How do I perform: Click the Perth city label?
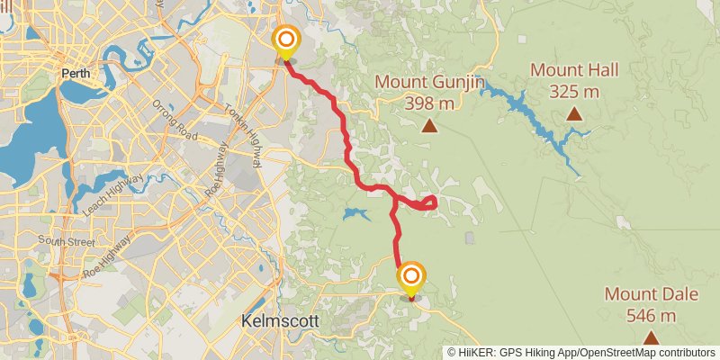[74, 74]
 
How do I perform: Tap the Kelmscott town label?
[274, 320]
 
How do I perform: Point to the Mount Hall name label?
[573, 69]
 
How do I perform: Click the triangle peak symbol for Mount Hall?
[573, 113]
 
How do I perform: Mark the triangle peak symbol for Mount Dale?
[650, 337]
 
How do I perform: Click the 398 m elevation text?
[430, 103]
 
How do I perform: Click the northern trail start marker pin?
[286, 41]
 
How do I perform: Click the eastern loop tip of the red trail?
[435, 201]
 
